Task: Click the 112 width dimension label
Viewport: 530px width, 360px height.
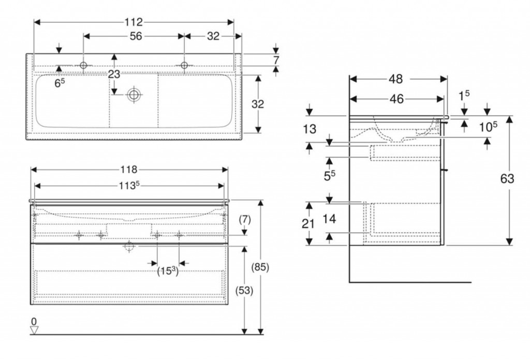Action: (134, 22)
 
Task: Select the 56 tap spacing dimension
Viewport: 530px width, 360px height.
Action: (136, 36)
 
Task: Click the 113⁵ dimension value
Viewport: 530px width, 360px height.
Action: (129, 185)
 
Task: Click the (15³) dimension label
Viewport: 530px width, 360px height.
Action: (168, 270)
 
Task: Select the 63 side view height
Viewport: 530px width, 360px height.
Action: (507, 179)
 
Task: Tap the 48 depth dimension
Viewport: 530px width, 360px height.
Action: (396, 79)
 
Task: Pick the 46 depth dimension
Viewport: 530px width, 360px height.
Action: (396, 99)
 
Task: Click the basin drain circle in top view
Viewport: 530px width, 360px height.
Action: (134, 94)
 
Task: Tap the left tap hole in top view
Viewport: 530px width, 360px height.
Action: (84, 65)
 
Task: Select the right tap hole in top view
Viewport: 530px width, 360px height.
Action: (184, 65)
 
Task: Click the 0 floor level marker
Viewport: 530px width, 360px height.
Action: (34, 321)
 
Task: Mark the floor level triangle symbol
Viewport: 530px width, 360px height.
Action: (34, 329)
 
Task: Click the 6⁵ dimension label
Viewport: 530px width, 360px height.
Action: (60, 82)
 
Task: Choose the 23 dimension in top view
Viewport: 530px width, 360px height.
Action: (114, 74)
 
